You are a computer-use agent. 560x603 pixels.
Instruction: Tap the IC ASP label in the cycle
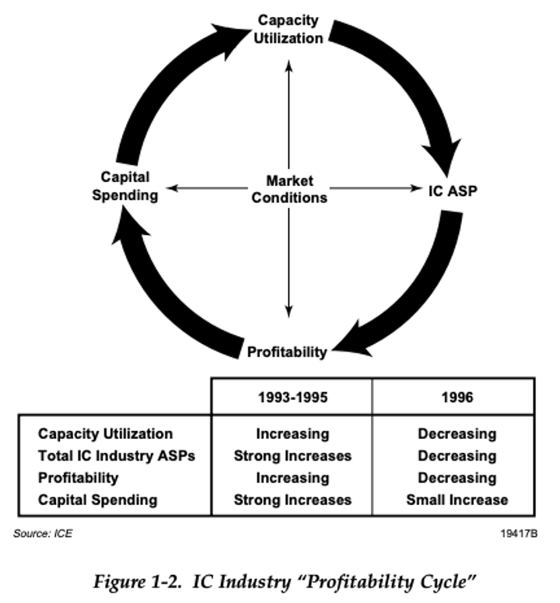452,189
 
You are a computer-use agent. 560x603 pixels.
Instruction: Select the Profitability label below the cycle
287,352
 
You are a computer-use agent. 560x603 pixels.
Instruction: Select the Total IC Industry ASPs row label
117,456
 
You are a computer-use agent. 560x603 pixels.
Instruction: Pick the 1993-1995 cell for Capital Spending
292,500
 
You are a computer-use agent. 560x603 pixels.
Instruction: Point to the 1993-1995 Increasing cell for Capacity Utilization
292,434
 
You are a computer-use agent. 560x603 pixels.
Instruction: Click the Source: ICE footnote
44,535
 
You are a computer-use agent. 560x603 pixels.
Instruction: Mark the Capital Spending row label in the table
97,500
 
